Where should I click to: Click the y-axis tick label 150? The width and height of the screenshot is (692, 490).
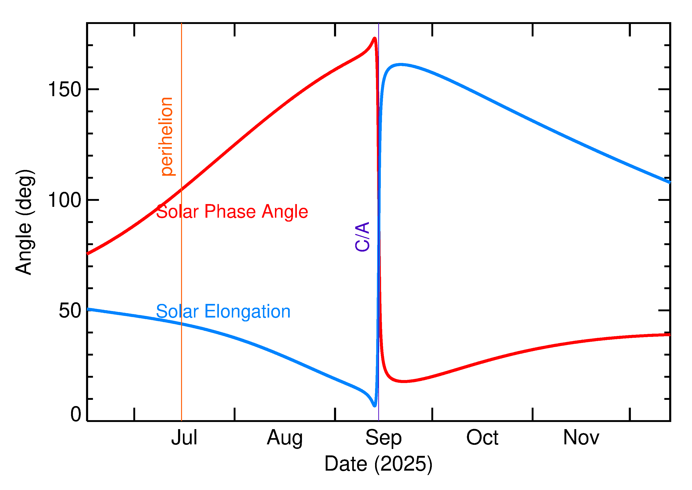click(65, 90)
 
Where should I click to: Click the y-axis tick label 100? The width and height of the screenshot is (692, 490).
click(65, 200)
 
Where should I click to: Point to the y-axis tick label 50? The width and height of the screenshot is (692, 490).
click(70, 311)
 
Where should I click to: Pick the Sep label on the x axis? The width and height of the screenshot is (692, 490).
click(383, 438)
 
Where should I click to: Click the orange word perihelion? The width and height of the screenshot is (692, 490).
click(167, 137)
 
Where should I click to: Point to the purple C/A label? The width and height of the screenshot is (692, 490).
click(362, 237)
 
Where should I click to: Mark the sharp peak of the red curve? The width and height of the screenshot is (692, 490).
click(375, 38)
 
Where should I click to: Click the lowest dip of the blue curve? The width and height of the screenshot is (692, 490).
click(375, 406)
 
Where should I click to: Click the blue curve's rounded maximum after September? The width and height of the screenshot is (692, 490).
click(400, 64)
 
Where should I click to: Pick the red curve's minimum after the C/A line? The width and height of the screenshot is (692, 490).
click(403, 382)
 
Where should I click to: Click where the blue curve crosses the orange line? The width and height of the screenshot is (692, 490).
click(181, 324)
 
